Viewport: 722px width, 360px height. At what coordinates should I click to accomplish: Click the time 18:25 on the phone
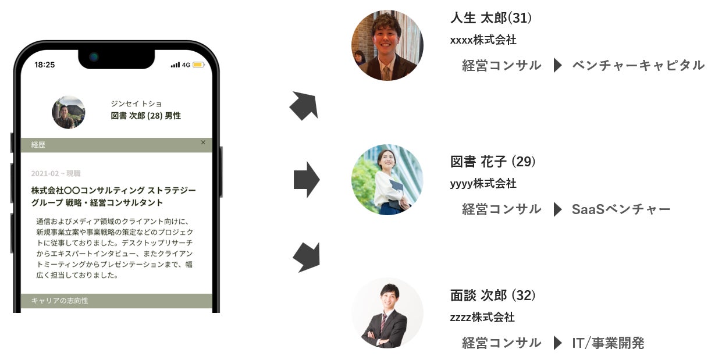[x=44, y=65]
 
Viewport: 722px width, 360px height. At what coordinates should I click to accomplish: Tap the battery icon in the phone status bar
[x=198, y=65]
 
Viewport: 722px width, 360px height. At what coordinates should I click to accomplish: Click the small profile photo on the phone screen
[x=69, y=112]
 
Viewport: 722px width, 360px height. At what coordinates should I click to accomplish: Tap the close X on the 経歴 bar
[x=203, y=142]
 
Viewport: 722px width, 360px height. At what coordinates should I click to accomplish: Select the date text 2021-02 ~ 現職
[x=56, y=173]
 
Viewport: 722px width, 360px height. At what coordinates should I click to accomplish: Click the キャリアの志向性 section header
[x=60, y=301]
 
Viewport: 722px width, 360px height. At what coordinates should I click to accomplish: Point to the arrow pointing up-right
[x=304, y=106]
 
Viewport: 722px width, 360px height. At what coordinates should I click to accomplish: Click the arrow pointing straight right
[x=306, y=180]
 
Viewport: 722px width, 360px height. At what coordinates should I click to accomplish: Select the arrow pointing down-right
[x=305, y=256]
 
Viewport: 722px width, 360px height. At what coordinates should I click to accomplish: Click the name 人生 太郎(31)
[x=491, y=18]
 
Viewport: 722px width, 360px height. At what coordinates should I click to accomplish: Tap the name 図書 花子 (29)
[x=493, y=161]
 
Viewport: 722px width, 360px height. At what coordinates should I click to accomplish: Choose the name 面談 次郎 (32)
[x=493, y=295]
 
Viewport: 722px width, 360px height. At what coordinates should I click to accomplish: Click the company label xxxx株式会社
[x=483, y=40]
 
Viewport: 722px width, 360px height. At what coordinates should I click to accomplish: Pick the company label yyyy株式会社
[x=483, y=184]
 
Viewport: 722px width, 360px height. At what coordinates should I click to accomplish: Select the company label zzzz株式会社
[x=482, y=317]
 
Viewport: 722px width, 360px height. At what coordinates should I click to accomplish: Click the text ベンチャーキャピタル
[x=638, y=65]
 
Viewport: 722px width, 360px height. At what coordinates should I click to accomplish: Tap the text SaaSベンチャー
[x=621, y=209]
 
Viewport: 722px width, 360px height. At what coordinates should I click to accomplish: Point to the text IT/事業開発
[x=608, y=343]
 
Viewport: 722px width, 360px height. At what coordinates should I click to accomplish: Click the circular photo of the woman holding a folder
[x=387, y=180]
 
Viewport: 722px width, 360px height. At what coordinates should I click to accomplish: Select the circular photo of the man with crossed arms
[x=387, y=313]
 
